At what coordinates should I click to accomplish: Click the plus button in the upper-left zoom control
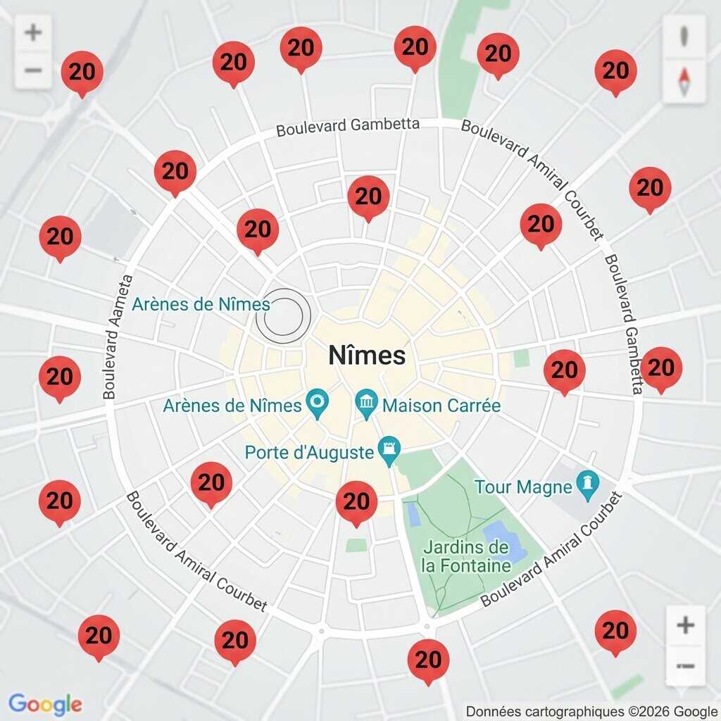coord(33,32)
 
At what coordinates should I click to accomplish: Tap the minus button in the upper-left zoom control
coord(33,70)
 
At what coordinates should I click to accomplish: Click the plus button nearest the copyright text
coord(685,625)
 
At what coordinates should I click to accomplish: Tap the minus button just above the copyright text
coord(685,665)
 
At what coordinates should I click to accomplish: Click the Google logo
coord(45,704)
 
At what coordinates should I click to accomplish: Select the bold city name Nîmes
coord(367,356)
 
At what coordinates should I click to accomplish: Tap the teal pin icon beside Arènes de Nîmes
coord(318,405)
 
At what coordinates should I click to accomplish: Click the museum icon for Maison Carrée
coord(366,405)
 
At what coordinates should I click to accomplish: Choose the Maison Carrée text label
coord(441,406)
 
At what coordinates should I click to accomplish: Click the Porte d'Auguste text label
coord(309,452)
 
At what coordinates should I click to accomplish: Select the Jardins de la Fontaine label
coord(466,556)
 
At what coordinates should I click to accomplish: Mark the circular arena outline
coord(283,315)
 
